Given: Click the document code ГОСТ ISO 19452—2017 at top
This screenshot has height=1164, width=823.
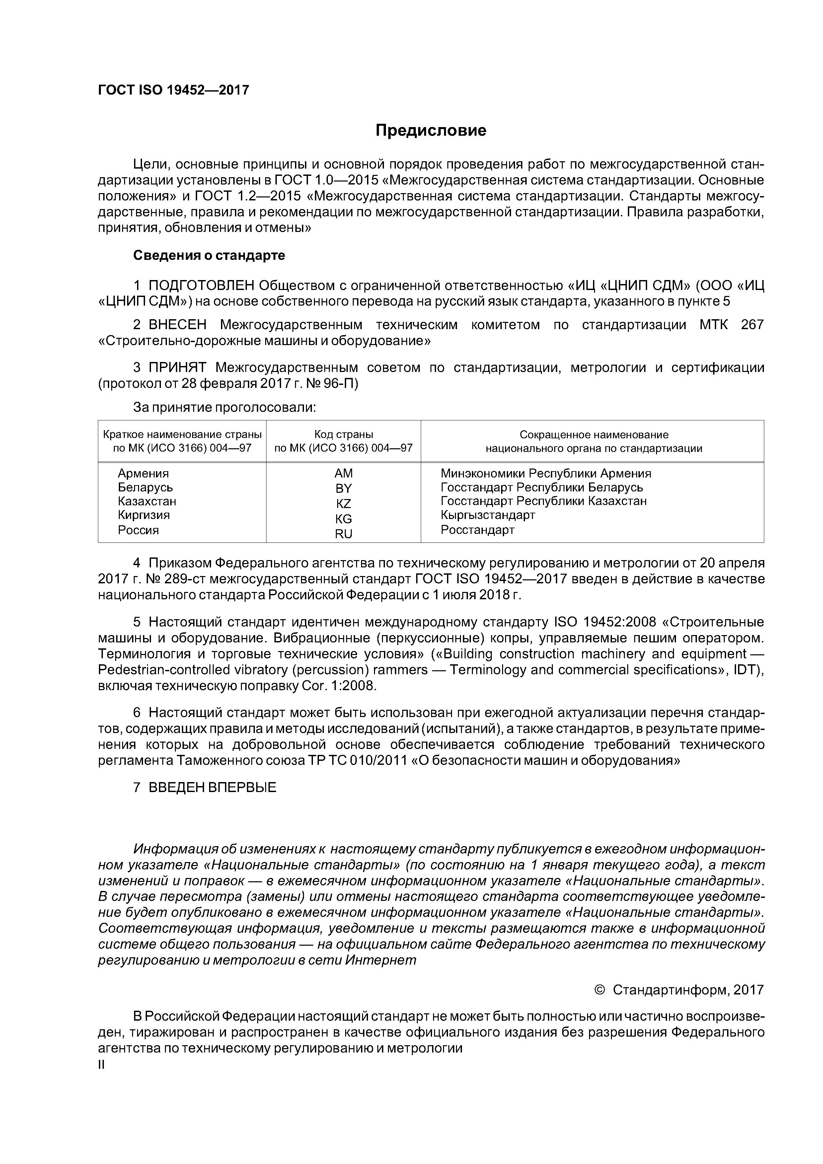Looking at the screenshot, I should click(174, 90).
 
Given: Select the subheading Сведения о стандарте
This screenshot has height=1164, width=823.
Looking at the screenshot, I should click(209, 255).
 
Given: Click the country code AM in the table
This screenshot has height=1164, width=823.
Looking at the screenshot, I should click(343, 473).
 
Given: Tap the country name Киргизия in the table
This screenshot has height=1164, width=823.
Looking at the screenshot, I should click(143, 515).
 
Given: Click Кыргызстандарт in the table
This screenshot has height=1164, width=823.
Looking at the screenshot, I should click(488, 515).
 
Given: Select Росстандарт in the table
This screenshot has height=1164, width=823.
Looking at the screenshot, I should click(478, 530).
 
